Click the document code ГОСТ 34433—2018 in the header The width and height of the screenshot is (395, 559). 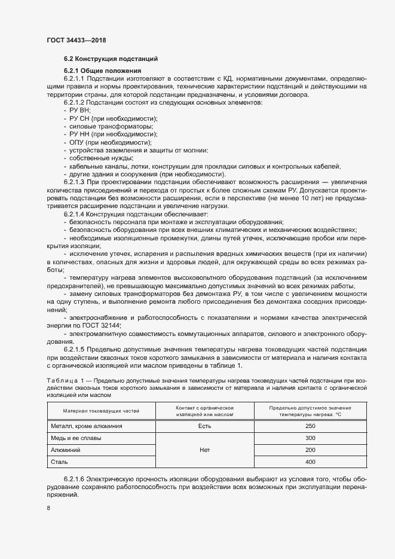click(x=76, y=40)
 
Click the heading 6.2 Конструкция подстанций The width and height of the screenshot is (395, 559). click(x=111, y=59)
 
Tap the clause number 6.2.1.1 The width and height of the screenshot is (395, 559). click(x=75, y=79)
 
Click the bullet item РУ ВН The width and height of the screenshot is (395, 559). click(x=80, y=111)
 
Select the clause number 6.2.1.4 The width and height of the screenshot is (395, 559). click(x=75, y=213)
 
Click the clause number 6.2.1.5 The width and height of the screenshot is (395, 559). click(x=75, y=349)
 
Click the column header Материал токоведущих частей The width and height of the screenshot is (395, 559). click(x=100, y=411)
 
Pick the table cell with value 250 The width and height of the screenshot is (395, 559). click(x=310, y=426)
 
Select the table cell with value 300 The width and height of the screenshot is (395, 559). click(x=310, y=438)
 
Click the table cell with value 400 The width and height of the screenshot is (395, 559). click(x=310, y=462)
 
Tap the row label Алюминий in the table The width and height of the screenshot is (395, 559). click(x=66, y=450)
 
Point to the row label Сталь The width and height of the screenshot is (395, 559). click(x=60, y=462)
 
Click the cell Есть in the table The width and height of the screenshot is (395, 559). click(x=204, y=426)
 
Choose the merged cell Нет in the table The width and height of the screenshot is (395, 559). click(x=204, y=450)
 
